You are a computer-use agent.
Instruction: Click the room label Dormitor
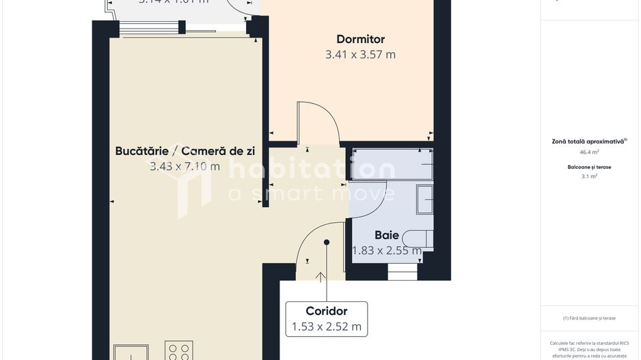click(360, 40)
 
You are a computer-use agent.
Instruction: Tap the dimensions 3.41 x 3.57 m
click(360, 55)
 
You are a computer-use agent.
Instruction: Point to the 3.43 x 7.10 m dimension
click(185, 166)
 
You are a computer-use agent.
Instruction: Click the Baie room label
click(386, 236)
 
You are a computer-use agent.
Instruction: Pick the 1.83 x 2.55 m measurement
click(386, 251)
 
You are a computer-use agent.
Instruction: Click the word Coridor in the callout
click(327, 311)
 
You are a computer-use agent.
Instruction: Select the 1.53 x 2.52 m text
click(327, 327)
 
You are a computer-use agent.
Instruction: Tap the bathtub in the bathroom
click(391, 165)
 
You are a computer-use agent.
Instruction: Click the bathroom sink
click(424, 200)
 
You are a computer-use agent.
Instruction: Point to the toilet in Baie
click(418, 238)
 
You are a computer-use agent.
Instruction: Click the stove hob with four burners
click(178, 351)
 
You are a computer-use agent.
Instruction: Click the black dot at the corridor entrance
click(327, 242)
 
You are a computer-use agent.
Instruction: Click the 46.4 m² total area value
click(589, 152)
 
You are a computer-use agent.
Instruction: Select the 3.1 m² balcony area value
click(589, 176)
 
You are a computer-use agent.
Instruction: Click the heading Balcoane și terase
click(589, 167)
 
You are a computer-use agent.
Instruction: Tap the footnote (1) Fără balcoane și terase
click(589, 318)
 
